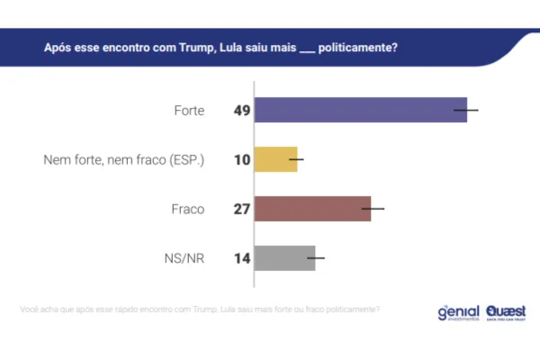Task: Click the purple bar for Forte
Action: coord(360,110)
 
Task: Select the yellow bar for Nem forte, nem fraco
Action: coord(275,159)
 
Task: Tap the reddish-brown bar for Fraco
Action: coord(312,209)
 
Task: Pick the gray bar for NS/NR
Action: coord(284,258)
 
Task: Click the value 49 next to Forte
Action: coord(241,111)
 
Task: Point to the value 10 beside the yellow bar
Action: coord(241,160)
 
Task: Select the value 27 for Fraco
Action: coord(241,209)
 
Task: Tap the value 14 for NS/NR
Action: coord(241,258)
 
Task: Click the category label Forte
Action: coord(188,111)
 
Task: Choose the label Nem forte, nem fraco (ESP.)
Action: coord(124,160)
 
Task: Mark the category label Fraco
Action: coord(187,209)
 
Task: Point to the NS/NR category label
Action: coord(184,258)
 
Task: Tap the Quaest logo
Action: coord(506,311)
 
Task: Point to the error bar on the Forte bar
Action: coord(466,110)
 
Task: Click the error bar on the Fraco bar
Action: coord(373,209)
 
